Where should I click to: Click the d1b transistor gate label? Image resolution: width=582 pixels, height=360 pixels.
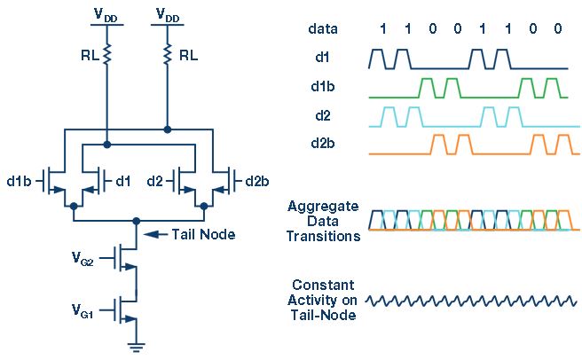[x=20, y=181]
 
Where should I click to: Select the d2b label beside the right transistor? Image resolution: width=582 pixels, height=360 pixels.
[x=257, y=181]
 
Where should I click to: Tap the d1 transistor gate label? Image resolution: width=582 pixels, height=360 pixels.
[x=123, y=181]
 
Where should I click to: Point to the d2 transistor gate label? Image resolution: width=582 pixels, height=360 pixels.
[x=154, y=181]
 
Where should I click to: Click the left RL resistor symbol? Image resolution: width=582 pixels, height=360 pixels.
[x=106, y=54]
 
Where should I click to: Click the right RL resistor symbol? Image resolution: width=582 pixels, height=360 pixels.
[x=168, y=54]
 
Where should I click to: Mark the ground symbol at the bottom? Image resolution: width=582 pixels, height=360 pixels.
[x=137, y=348]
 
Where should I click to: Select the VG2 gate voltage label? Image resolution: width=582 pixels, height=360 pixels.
[x=83, y=258]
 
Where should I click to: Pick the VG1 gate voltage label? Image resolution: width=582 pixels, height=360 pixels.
[x=83, y=310]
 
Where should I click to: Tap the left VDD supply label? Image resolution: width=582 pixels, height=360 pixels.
[x=106, y=16]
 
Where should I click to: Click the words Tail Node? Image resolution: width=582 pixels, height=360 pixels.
[x=203, y=234]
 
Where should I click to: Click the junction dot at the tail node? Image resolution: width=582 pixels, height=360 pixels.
[x=137, y=221]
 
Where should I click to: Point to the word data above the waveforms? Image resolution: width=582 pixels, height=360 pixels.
[x=323, y=28]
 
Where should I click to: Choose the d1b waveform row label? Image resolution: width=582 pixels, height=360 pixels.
[x=323, y=86]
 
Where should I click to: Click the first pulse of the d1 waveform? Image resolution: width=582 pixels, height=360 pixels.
[x=378, y=59]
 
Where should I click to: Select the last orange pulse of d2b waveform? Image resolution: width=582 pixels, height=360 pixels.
[x=563, y=145]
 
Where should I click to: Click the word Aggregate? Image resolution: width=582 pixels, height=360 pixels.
[x=323, y=207]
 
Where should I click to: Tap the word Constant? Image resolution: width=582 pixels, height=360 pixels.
[x=323, y=285]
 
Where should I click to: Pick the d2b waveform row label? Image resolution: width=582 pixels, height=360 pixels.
[x=323, y=143]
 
